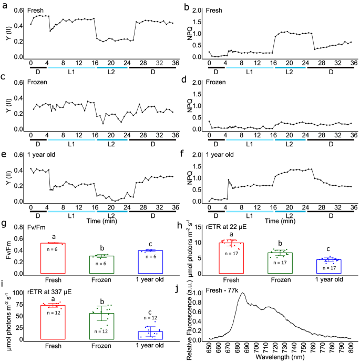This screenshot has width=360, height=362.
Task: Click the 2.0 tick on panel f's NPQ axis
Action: tap(200, 155)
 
